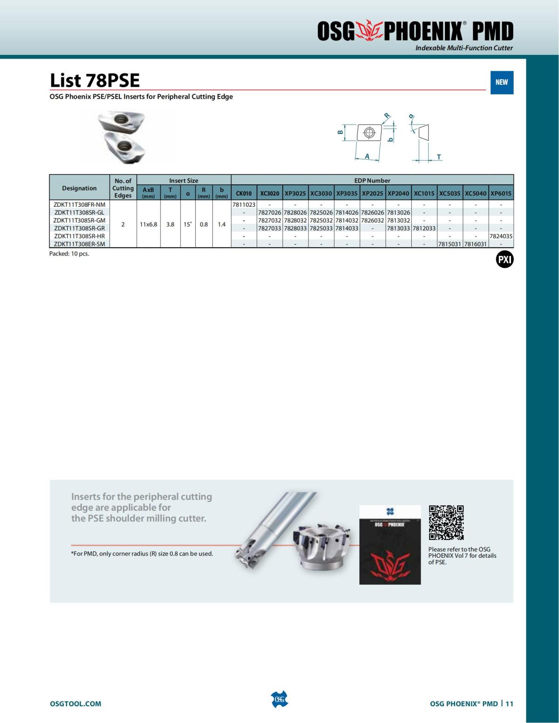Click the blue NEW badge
point(502,82)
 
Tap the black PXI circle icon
point(504,260)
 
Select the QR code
point(446,522)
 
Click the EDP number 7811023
point(244,204)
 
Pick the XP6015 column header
point(501,193)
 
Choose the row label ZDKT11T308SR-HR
point(79,236)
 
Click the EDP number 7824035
point(501,236)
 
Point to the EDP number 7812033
point(424,228)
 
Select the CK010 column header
point(244,193)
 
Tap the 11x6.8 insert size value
point(149,224)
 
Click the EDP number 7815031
point(450,244)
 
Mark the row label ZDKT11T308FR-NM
point(79,204)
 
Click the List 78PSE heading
point(95,80)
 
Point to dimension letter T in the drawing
point(439,157)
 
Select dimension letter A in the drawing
point(367,156)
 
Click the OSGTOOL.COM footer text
point(75,703)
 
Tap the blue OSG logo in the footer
point(279,699)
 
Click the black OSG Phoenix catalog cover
point(390,545)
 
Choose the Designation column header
point(79,188)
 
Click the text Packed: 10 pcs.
point(69,254)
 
